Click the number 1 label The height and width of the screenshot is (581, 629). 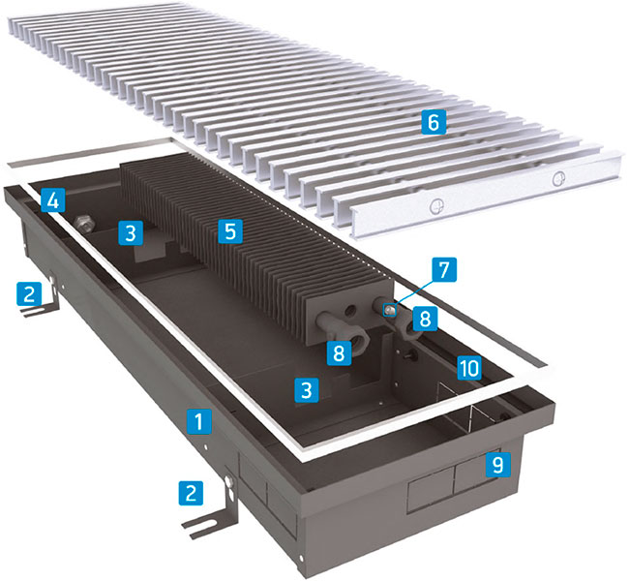point(199,421)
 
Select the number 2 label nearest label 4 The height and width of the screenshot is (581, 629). point(29,293)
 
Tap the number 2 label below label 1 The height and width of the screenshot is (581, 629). point(191,493)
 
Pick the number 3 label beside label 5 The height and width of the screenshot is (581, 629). point(131,232)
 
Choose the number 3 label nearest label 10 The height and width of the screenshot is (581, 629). point(307,390)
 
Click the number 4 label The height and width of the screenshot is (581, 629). point(52,200)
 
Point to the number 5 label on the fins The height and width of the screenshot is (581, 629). point(230,230)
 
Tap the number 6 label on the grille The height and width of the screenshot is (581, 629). point(434,122)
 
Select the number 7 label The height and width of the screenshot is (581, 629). point(444,269)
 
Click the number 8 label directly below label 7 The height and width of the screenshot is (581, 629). point(425,319)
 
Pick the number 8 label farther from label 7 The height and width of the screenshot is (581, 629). point(340,352)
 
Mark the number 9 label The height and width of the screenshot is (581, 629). point(497,465)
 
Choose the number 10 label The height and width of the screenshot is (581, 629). point(469,367)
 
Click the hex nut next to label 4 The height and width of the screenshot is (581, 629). point(84,224)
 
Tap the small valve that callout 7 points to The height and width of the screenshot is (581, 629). point(390,310)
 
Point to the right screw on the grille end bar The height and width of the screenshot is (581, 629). point(558,178)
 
